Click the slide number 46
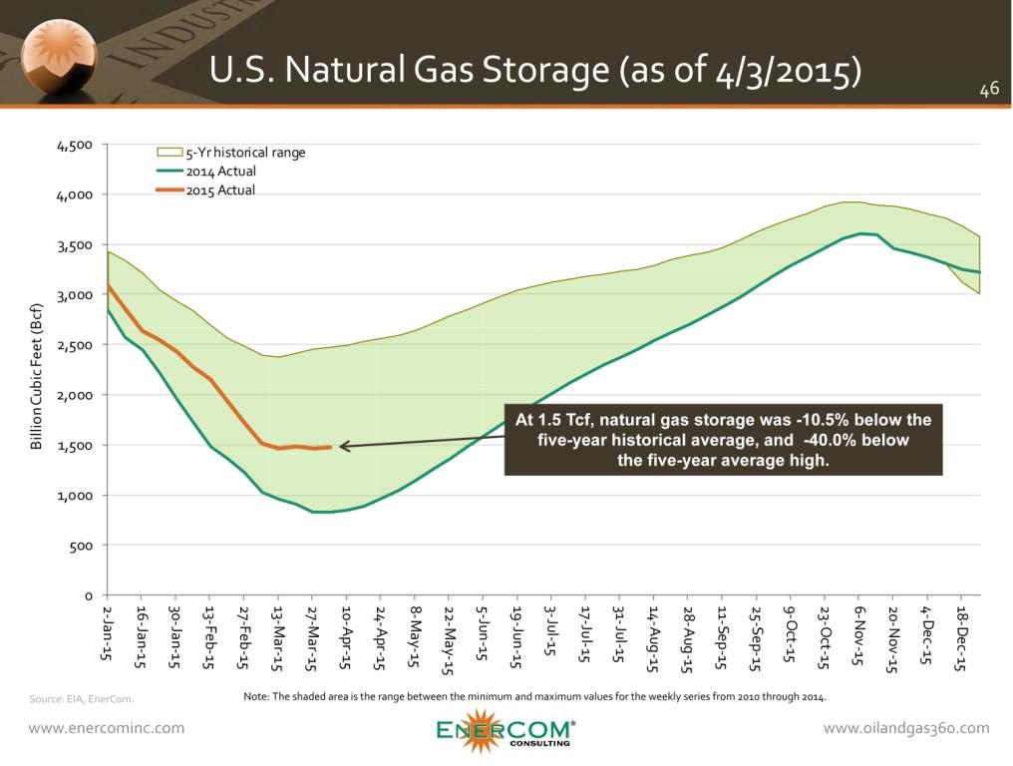pos(988,91)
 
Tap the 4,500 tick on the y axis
pos(77,145)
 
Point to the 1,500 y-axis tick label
pos(77,446)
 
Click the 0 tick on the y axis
pos(88,596)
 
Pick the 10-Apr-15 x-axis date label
pos(346,636)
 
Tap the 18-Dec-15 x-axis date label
pos(961,636)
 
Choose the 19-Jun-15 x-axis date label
pos(516,636)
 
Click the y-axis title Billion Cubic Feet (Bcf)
pos(37,375)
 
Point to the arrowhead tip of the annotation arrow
pos(340,447)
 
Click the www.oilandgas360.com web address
pos(906,728)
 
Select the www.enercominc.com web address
pos(106,728)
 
